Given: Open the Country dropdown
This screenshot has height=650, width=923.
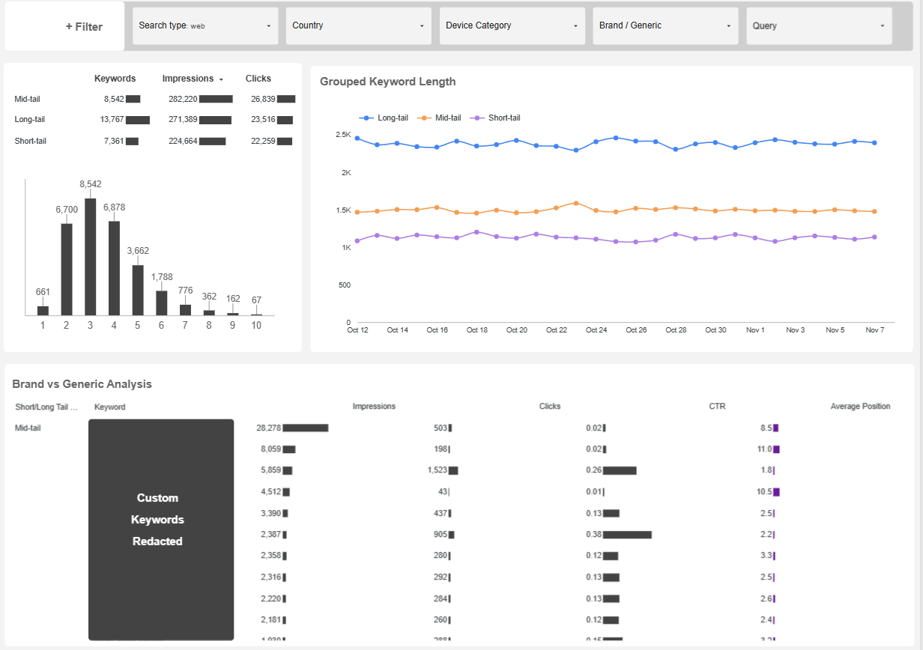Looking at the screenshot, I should tap(358, 26).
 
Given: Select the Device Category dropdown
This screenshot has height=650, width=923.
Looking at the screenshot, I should tap(512, 26).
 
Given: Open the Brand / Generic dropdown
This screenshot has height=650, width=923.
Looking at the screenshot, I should tap(665, 26).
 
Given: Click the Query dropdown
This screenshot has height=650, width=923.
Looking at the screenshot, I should tap(818, 26).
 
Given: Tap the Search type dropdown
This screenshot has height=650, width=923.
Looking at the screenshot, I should tap(205, 26).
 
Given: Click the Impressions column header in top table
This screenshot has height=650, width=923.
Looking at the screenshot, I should tap(188, 79).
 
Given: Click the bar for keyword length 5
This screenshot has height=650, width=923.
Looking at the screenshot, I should tap(138, 290).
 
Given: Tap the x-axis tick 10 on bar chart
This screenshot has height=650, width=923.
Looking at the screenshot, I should tap(256, 325).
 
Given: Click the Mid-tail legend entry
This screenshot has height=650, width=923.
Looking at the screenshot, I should tap(442, 118).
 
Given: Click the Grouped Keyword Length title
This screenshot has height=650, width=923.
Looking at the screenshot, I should tap(387, 82).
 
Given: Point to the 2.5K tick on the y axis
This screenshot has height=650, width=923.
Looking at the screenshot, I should tap(343, 135).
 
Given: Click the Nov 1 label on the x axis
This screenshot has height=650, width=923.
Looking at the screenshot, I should tap(755, 330).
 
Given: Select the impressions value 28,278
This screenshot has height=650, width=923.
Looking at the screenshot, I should tap(268, 428).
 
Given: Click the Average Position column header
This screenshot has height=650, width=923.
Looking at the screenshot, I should tap(860, 407).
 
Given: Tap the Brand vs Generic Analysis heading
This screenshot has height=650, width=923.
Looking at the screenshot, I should tap(82, 384).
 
